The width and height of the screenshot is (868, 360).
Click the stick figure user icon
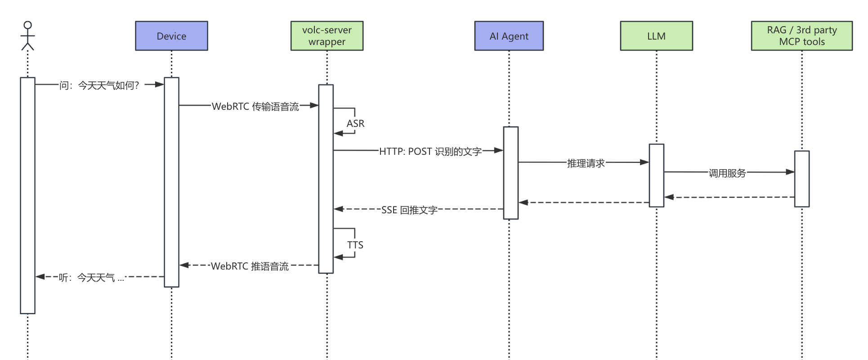(x=27, y=36)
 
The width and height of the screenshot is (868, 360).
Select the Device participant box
(x=171, y=36)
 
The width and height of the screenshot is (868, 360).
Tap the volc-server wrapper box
(x=327, y=36)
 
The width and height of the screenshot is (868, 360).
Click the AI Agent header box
(x=509, y=36)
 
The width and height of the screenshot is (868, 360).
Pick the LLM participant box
(x=656, y=36)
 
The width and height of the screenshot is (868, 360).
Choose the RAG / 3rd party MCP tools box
(x=801, y=36)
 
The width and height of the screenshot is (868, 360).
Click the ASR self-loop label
(x=355, y=123)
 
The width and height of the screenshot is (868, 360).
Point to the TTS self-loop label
(x=355, y=245)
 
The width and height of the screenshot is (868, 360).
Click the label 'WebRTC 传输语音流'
(x=255, y=107)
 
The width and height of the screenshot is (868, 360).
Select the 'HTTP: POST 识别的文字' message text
(x=430, y=152)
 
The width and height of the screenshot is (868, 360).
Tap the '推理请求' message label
(x=586, y=163)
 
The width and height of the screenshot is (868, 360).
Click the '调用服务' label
(x=727, y=173)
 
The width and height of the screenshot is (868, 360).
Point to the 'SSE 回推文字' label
(x=409, y=210)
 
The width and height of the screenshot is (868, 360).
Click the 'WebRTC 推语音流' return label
(x=250, y=266)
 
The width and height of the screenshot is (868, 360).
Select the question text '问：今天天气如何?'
(x=99, y=85)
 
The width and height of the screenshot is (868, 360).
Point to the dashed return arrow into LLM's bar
(x=729, y=197)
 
